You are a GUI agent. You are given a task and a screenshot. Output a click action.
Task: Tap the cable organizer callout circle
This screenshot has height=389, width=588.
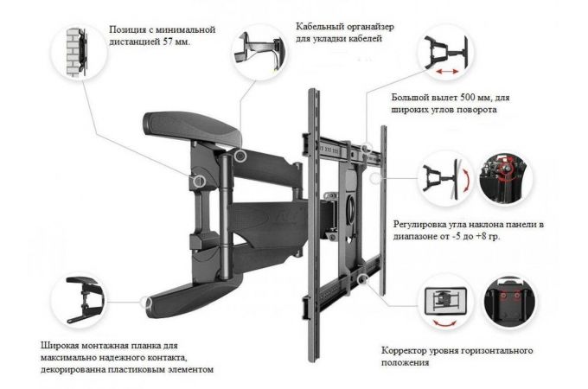pos(260,48)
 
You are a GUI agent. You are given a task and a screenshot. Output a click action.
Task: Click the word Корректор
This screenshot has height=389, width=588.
pos(406,353)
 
